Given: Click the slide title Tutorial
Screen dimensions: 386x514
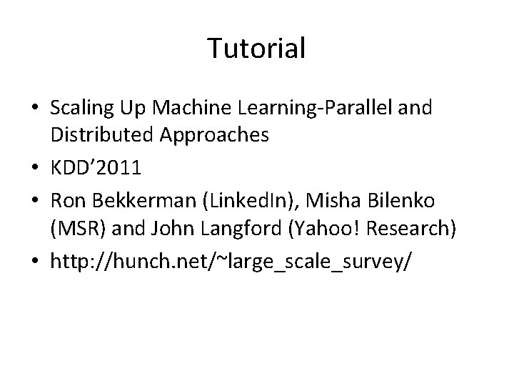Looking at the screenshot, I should tap(256, 49).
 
